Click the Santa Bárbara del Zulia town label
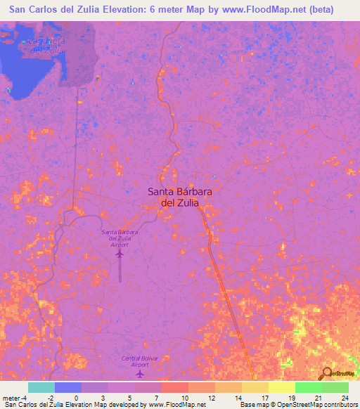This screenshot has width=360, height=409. [173, 196]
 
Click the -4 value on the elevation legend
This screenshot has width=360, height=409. [26, 398]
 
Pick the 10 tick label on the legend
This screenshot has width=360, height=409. [186, 398]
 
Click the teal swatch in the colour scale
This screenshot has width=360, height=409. [41, 387]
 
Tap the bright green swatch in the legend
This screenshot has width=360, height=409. [308, 387]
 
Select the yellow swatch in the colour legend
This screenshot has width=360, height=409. [281, 387]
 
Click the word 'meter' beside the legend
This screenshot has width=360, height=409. [11, 398]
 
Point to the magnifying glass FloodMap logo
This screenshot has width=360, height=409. [326, 374]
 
